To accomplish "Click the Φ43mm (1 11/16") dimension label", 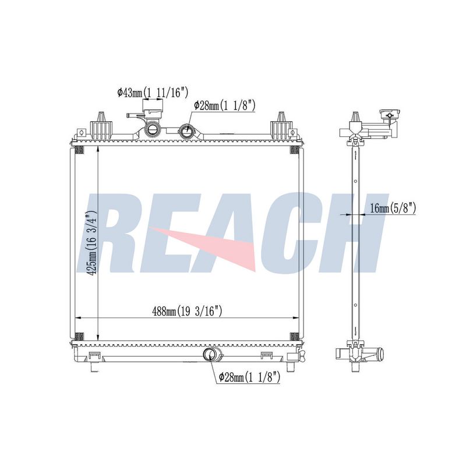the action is point(153,93).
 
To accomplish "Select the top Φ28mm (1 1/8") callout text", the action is point(225,105).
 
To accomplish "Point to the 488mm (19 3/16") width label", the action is point(187,312).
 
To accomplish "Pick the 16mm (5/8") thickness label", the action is point(393,208).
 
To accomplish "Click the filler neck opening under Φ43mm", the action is point(153,129).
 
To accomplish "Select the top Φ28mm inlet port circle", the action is point(187,130).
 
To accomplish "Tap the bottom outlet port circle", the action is point(210,354).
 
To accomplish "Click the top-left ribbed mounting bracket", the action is point(102,126).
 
